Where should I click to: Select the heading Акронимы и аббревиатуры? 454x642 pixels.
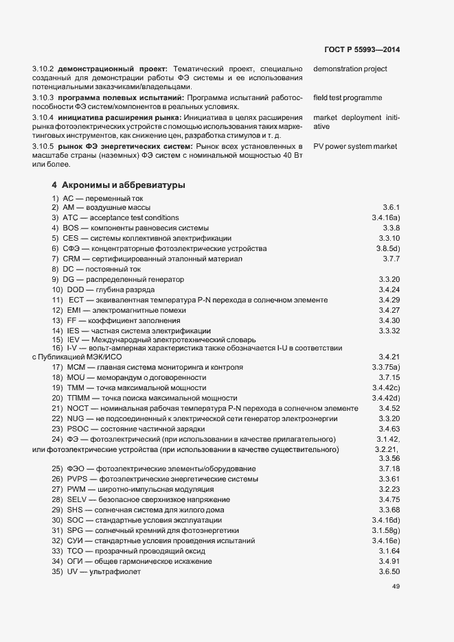click(120, 185)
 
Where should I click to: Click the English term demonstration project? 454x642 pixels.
click(350, 69)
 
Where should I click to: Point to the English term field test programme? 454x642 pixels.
click(347, 98)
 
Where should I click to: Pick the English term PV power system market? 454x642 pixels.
click(355, 146)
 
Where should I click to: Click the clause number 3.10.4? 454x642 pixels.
click(45, 117)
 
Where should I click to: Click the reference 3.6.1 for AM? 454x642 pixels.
click(391, 206)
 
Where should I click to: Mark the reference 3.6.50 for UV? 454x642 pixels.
click(389, 572)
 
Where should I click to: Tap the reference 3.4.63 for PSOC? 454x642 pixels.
click(389, 429)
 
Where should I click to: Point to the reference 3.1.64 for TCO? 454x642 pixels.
click(389, 551)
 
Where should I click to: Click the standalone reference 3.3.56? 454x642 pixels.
click(389, 458)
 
